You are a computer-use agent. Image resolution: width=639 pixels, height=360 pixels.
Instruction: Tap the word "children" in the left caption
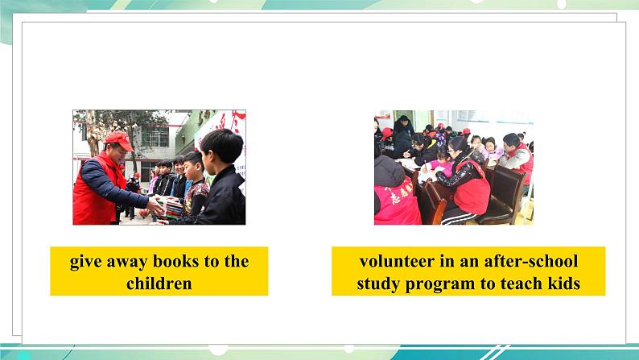coord(159,283)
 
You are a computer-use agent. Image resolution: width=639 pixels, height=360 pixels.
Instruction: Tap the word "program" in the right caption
coord(440,284)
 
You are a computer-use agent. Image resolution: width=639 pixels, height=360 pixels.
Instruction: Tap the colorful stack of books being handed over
coord(173,208)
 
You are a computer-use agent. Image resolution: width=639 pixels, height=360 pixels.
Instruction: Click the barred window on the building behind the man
coord(155,137)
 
